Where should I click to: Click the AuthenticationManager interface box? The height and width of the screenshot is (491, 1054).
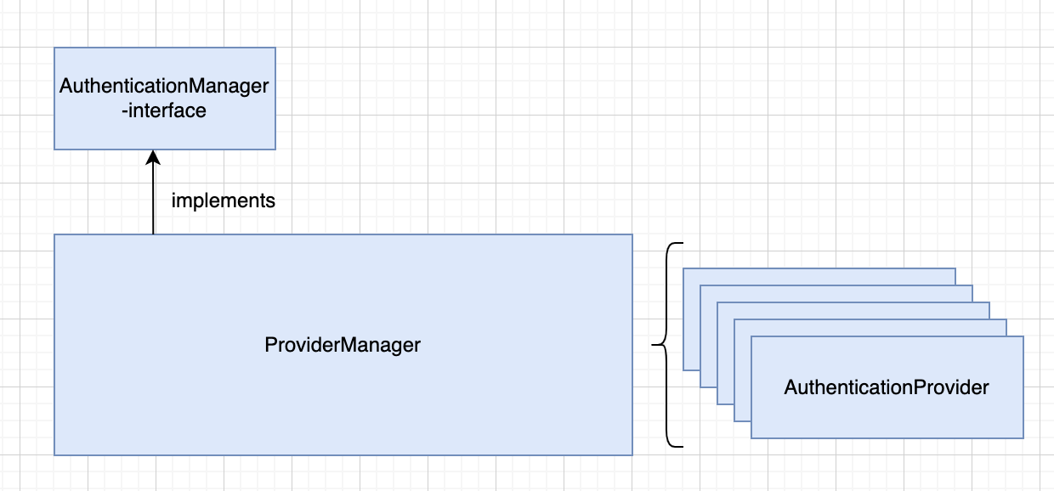[x=165, y=99]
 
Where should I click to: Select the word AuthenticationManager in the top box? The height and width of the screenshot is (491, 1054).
[x=164, y=86]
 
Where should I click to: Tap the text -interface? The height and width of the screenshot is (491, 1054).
[x=164, y=111]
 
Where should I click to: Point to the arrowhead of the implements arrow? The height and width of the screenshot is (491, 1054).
[x=153, y=157]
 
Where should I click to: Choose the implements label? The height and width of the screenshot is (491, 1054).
[x=223, y=200]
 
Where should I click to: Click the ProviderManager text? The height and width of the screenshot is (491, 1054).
[x=343, y=345]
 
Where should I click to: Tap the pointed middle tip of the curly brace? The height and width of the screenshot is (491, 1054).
[x=652, y=345]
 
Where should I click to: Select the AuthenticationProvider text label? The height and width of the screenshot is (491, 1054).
[x=887, y=387]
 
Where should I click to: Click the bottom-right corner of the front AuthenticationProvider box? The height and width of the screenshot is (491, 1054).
[x=1023, y=438]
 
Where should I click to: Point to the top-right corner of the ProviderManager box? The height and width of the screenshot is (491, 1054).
[x=632, y=234]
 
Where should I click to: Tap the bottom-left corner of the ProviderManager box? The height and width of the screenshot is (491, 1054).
[x=54, y=455]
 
